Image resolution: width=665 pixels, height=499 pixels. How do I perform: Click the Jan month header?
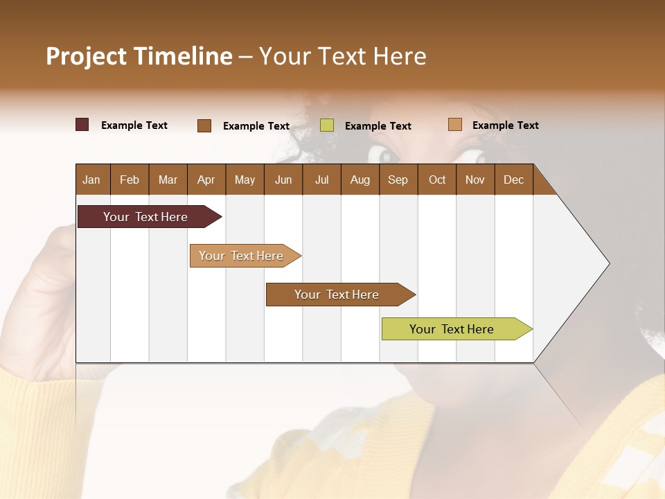(x=91, y=180)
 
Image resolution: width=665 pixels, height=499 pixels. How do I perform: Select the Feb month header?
(x=130, y=180)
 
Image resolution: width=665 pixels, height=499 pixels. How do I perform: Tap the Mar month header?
(x=168, y=180)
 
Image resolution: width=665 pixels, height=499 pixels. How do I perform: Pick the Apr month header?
(x=206, y=180)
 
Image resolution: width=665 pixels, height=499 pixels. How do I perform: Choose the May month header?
(x=245, y=180)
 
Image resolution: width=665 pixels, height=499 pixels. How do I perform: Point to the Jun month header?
(x=283, y=180)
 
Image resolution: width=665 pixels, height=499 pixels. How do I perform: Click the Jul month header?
(x=321, y=180)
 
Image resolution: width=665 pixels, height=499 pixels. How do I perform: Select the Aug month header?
(x=360, y=180)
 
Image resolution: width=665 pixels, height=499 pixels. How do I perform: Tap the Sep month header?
(x=398, y=180)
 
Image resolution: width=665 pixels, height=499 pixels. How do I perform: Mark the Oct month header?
(x=437, y=180)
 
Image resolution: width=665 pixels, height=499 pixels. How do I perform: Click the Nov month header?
(x=475, y=180)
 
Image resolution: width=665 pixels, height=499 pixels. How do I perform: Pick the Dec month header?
(x=513, y=180)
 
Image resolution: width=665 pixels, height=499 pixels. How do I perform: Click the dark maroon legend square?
(x=82, y=125)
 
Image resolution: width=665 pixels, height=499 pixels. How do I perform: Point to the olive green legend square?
(x=327, y=125)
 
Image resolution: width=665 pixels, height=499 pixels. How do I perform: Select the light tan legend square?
(x=454, y=125)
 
